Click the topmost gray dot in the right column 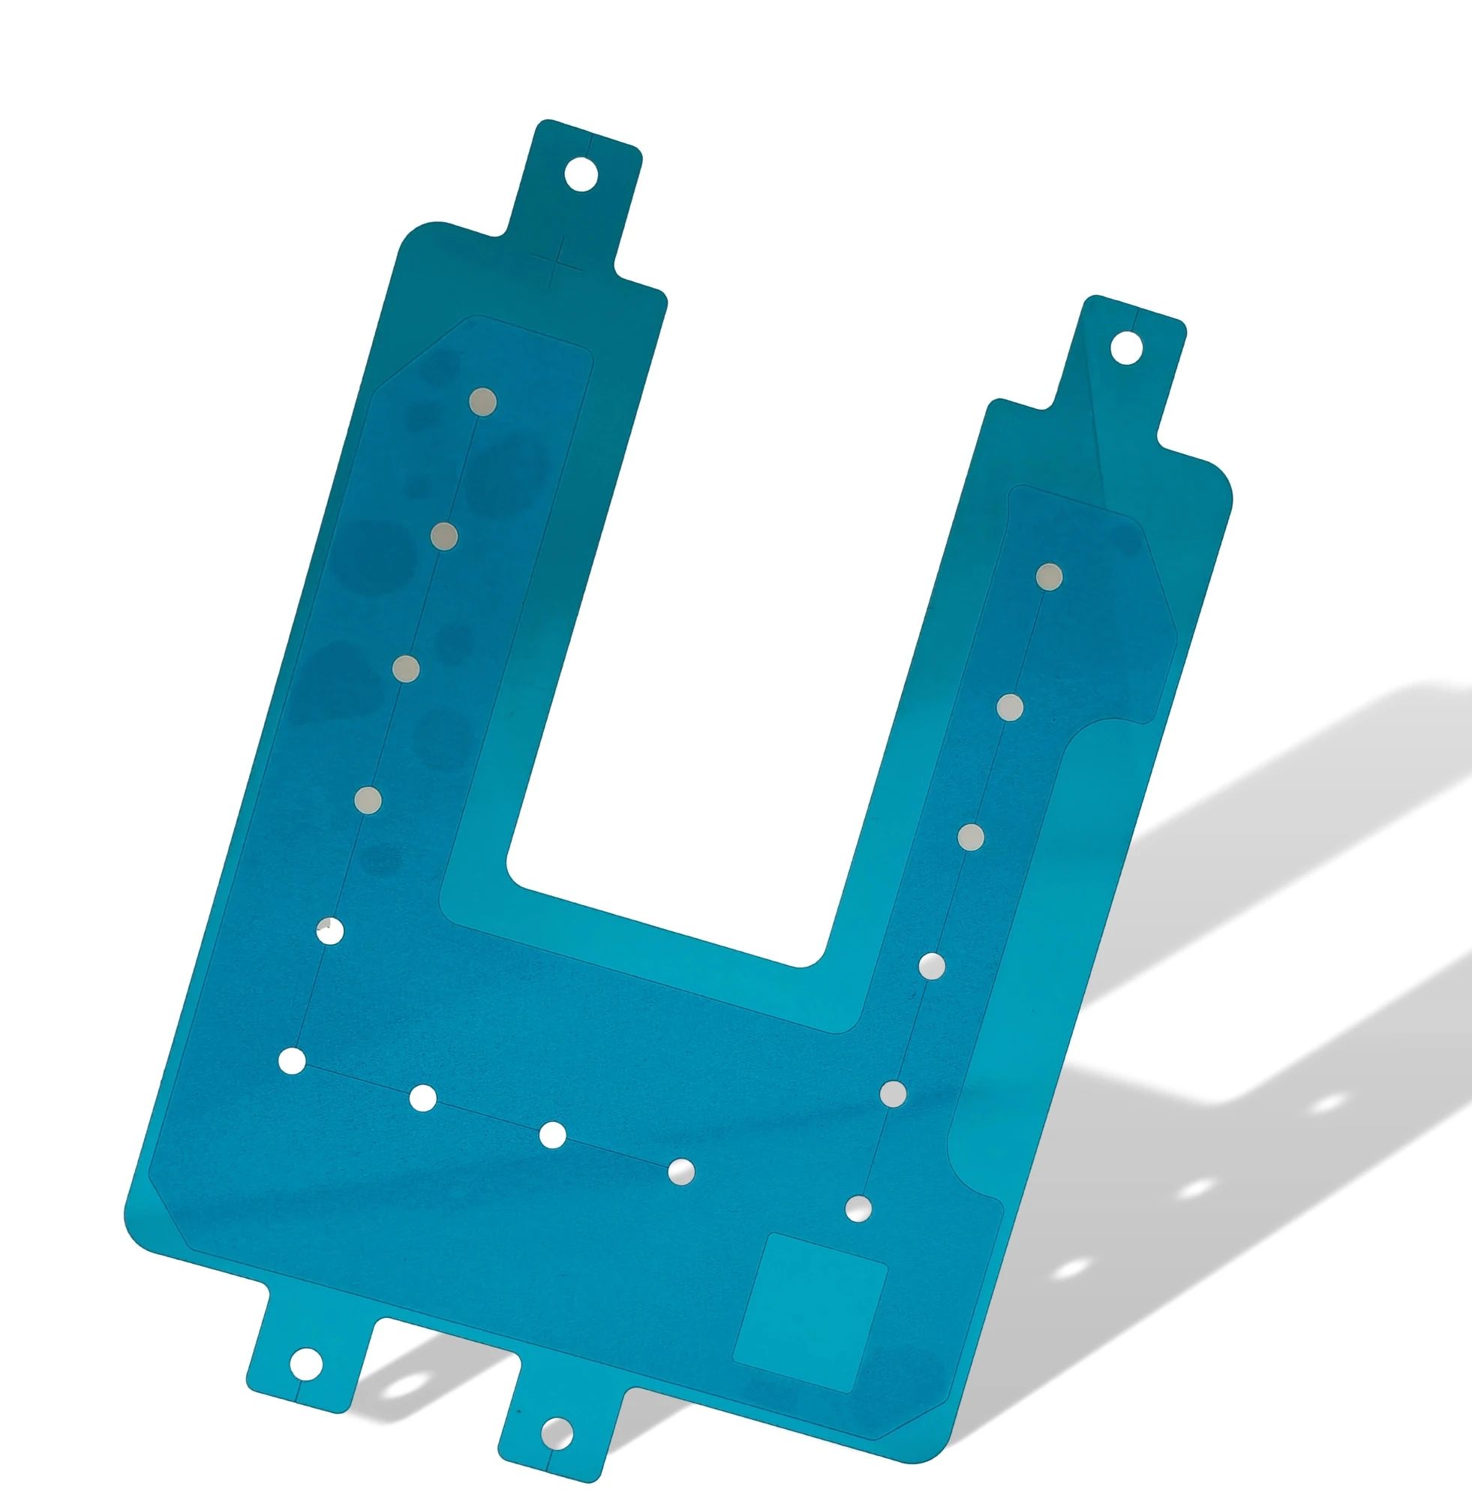click(1049, 576)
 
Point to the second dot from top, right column click(1011, 707)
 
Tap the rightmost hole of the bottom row click(681, 1172)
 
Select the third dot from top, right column click(970, 837)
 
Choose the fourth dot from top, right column click(933, 966)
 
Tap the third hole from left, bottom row click(552, 1135)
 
